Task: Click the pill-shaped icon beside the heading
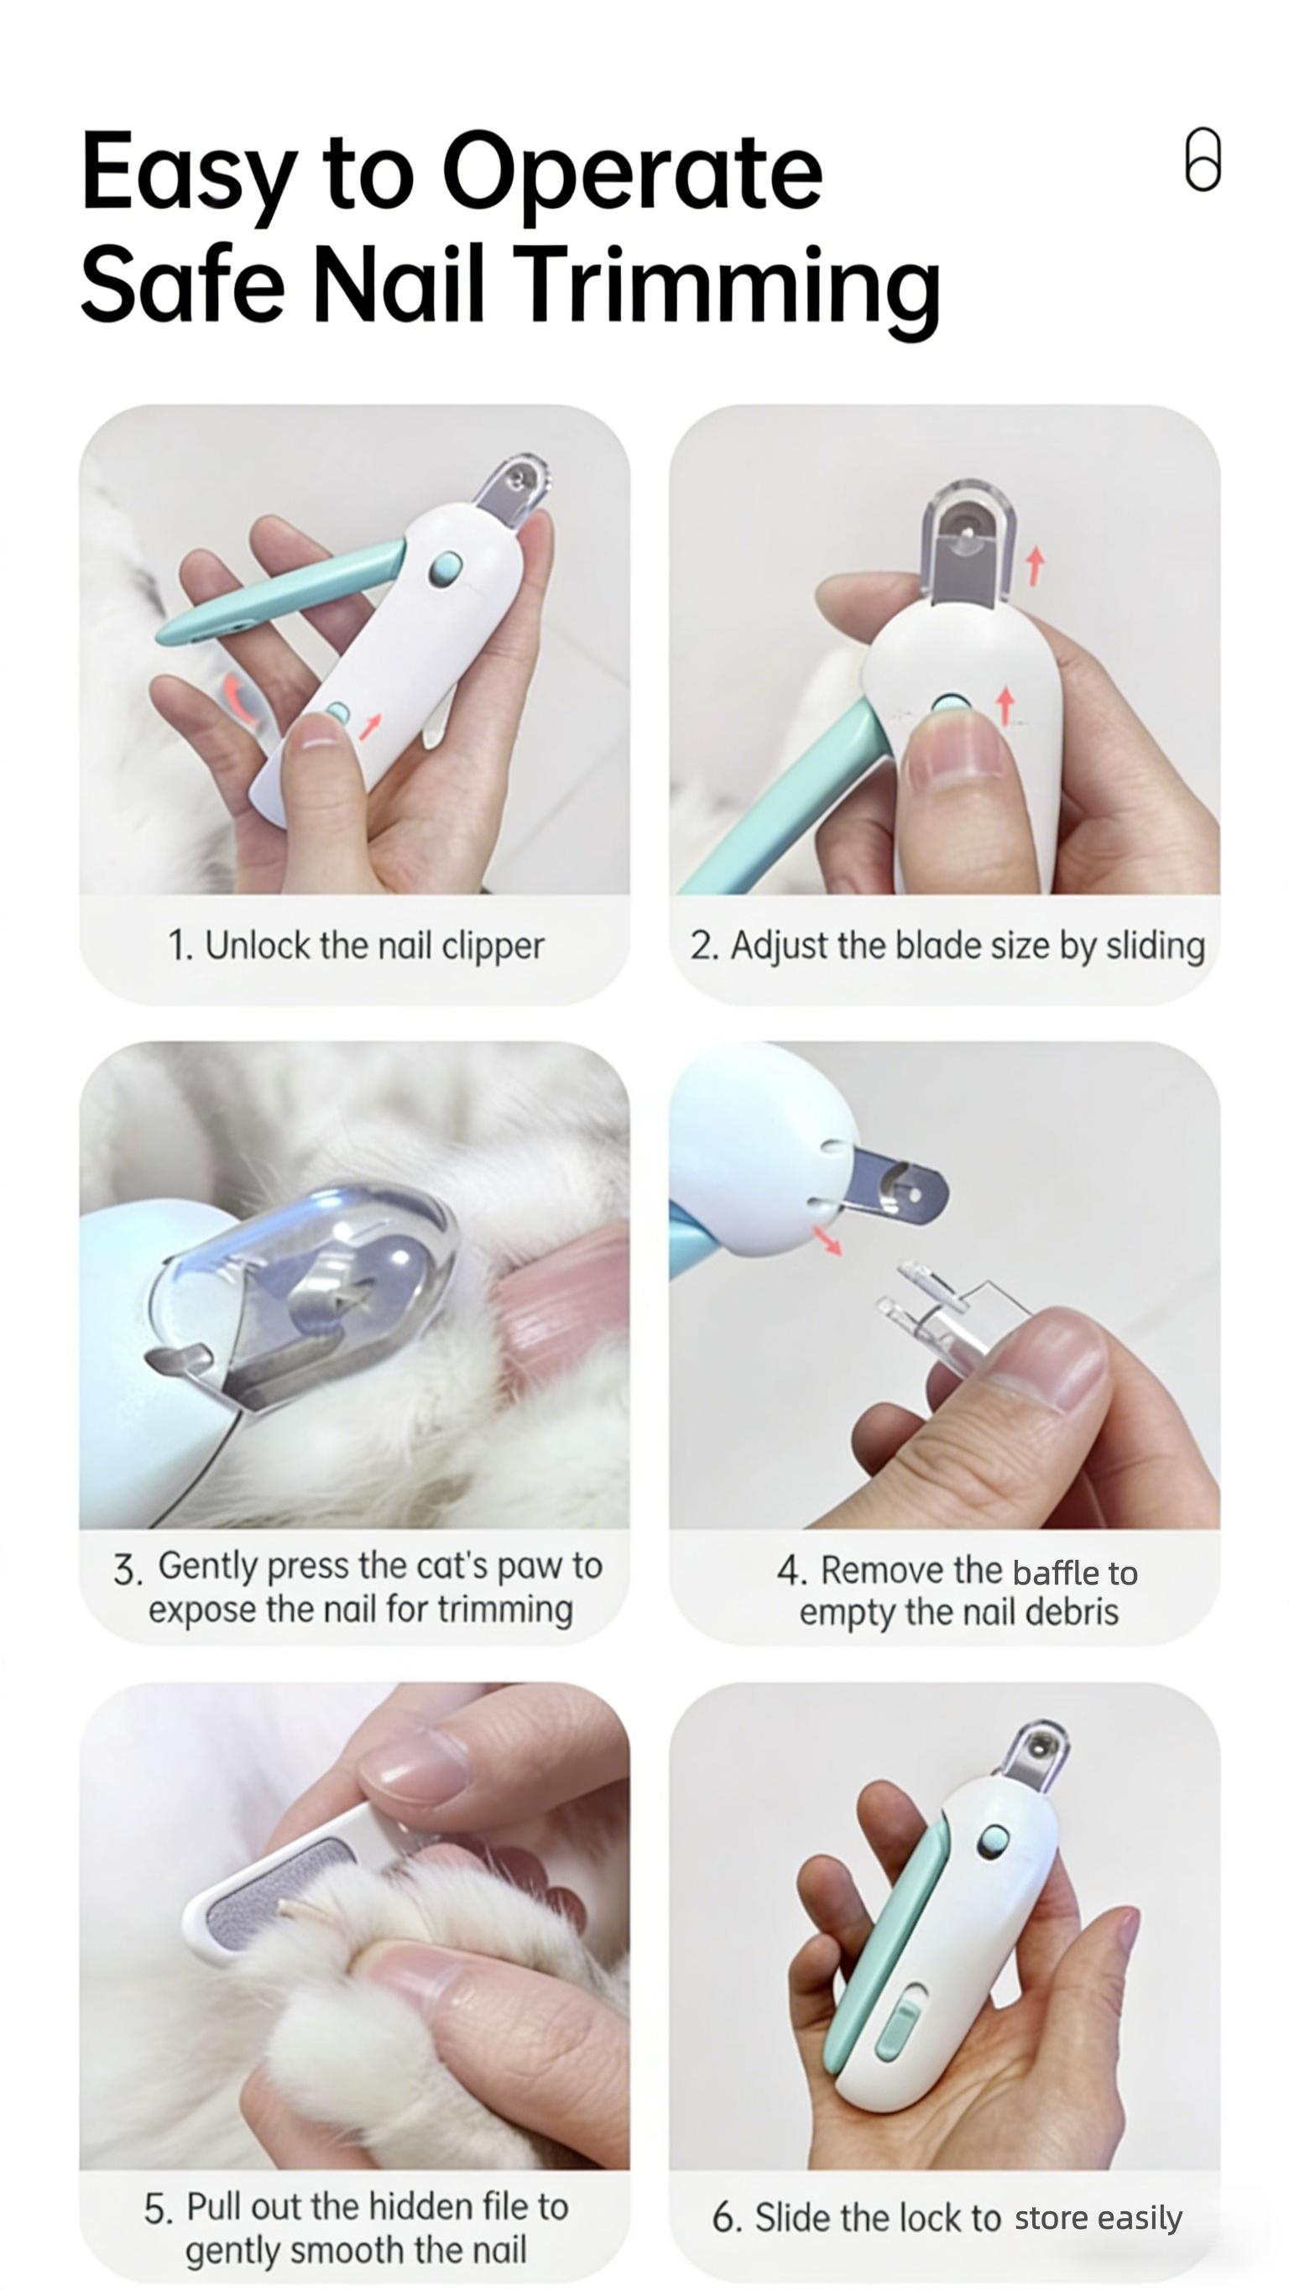(x=1202, y=159)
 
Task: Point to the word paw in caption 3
(x=530, y=1566)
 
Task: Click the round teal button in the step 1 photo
(x=445, y=567)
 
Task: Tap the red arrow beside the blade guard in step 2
(x=1034, y=566)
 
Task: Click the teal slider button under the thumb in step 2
(x=949, y=707)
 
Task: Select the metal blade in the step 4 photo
(x=899, y=1186)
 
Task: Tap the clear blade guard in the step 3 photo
(x=311, y=1281)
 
